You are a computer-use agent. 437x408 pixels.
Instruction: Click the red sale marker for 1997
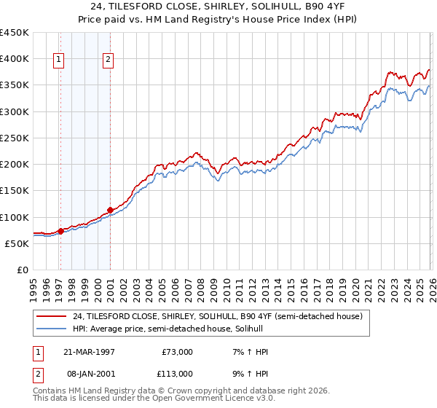point(60,231)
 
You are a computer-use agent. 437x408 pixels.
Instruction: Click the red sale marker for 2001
point(110,210)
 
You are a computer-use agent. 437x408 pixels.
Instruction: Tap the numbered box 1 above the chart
point(58,60)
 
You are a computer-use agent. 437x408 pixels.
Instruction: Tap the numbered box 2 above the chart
point(108,60)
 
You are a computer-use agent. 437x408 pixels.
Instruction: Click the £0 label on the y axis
point(22,270)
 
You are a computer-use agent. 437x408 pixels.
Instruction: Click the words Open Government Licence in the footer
point(193,399)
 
